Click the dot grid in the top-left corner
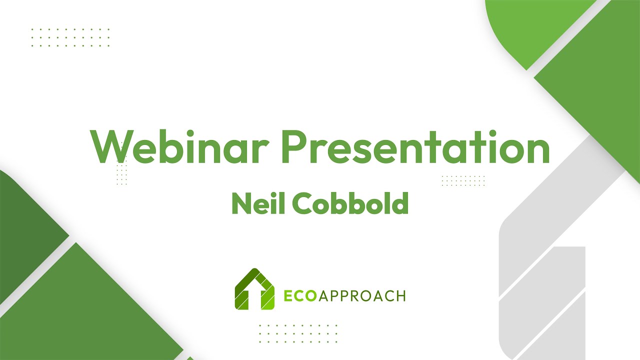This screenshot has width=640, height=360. pos(70,37)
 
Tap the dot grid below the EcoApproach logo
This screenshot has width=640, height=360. pos(298,333)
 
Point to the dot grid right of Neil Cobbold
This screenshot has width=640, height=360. pos(463,180)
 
